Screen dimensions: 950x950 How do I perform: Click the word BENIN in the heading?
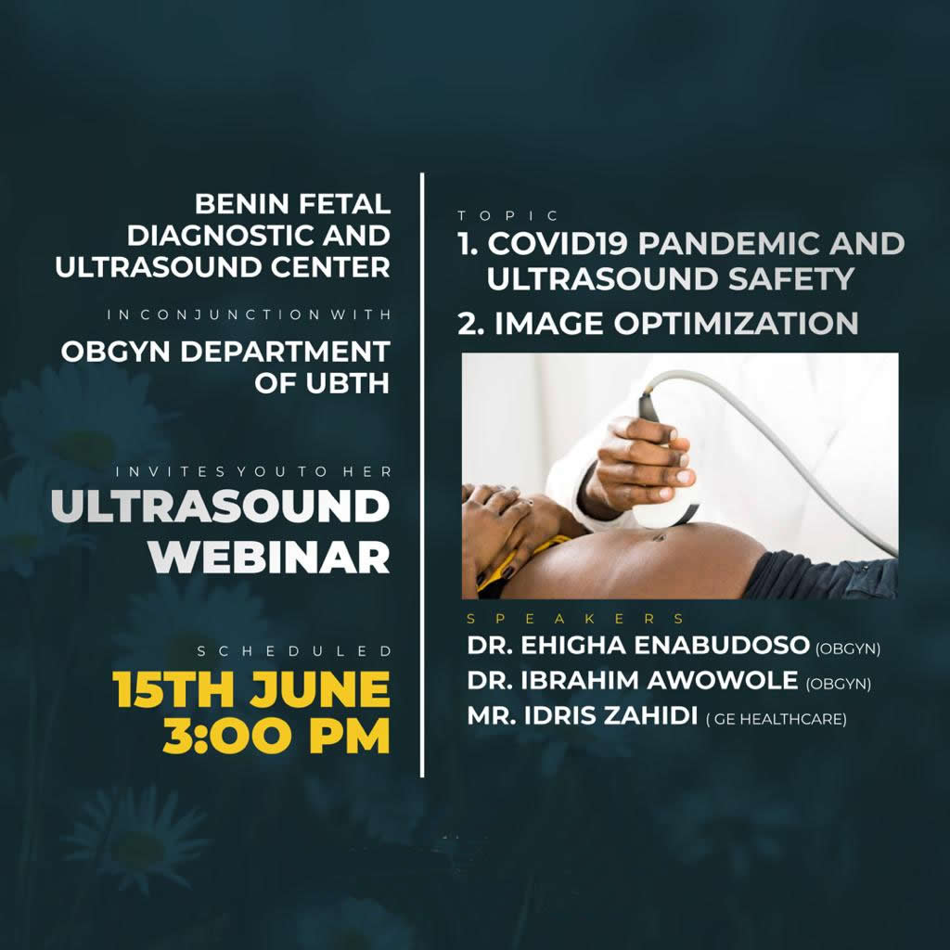[x=240, y=203]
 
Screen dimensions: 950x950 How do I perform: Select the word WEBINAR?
[x=269, y=557]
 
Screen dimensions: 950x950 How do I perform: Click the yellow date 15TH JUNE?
[x=250, y=689]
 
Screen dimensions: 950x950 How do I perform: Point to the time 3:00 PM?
[x=276, y=736]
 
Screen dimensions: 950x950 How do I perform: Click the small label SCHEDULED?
[x=294, y=651]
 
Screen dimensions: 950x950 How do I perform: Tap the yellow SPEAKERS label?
[x=575, y=619]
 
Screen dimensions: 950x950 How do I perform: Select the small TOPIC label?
[x=507, y=215]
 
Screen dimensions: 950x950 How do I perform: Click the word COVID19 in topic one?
[x=558, y=243]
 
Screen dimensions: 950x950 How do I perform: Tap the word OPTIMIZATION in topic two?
[x=736, y=323]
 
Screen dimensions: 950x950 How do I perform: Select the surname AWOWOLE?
[x=722, y=680]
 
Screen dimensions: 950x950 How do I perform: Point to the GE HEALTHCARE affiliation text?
[x=777, y=719]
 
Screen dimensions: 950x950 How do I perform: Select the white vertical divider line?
[x=422, y=475]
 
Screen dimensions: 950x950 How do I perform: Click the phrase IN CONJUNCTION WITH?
[x=249, y=315]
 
